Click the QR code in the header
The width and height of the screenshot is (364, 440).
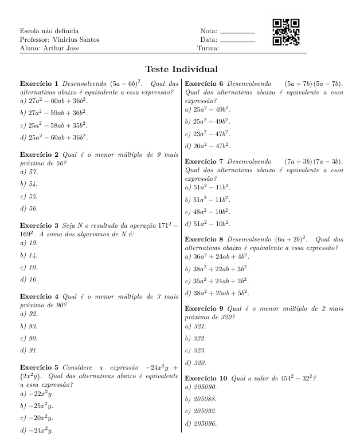coord(285,33)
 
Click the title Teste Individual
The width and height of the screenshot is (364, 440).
coord(182,69)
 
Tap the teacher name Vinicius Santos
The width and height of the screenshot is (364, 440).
coord(71,39)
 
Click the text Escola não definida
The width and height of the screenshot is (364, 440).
coord(49,30)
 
